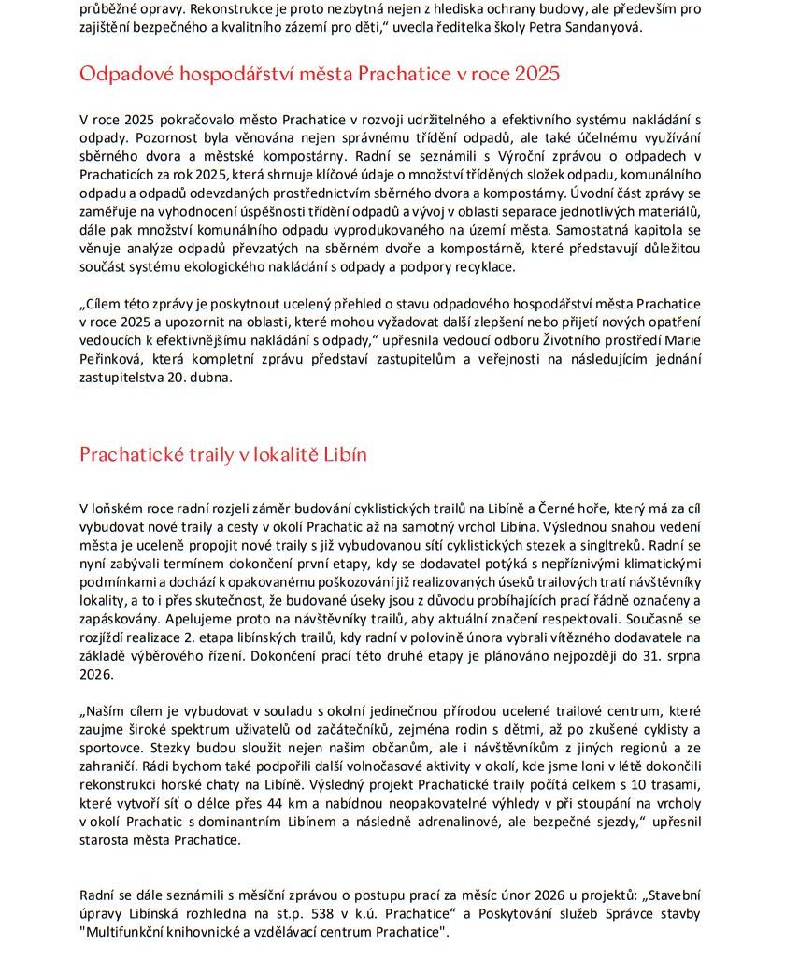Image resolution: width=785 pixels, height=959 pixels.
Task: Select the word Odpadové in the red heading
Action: click(123, 73)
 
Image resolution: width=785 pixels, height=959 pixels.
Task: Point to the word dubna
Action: click(207, 378)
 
